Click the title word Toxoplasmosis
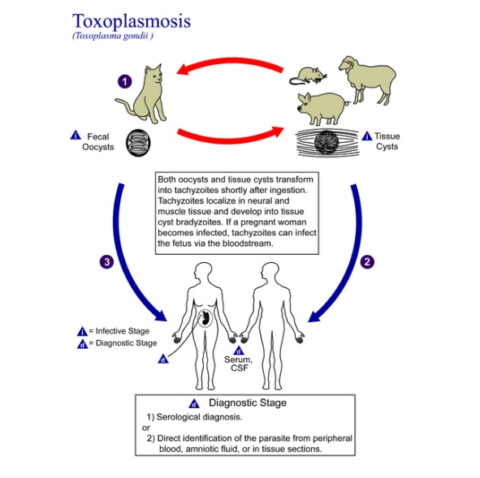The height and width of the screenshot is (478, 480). click(132, 22)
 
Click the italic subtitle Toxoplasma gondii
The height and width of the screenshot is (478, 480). click(113, 36)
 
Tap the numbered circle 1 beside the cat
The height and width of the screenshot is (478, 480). click(124, 82)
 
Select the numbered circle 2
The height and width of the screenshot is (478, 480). click(367, 262)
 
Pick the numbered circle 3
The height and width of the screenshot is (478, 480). click(107, 262)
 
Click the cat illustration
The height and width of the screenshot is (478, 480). click(144, 95)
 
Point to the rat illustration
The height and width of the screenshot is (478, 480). click(308, 76)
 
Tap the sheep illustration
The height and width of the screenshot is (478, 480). click(367, 80)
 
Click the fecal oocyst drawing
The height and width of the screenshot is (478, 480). click(138, 143)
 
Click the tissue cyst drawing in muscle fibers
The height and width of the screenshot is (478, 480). click(326, 143)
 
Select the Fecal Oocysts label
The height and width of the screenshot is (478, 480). click(97, 141)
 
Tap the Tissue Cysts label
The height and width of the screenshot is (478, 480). click(387, 141)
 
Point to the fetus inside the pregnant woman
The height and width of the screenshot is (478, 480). click(205, 318)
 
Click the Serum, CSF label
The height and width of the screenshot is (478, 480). click(239, 364)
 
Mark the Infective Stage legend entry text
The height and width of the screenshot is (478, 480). click(123, 331)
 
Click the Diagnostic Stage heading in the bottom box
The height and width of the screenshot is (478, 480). click(248, 403)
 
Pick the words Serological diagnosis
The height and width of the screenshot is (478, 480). click(199, 417)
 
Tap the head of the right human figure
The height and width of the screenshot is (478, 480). click(270, 271)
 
